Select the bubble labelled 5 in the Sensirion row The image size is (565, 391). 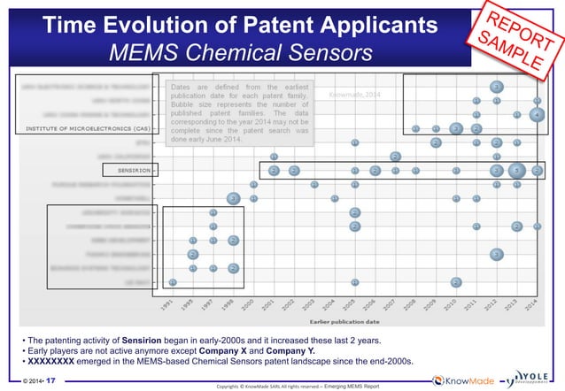(517, 170)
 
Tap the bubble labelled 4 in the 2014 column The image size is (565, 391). (538, 113)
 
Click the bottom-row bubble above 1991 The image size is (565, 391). (173, 282)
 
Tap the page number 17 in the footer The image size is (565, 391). (50, 380)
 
